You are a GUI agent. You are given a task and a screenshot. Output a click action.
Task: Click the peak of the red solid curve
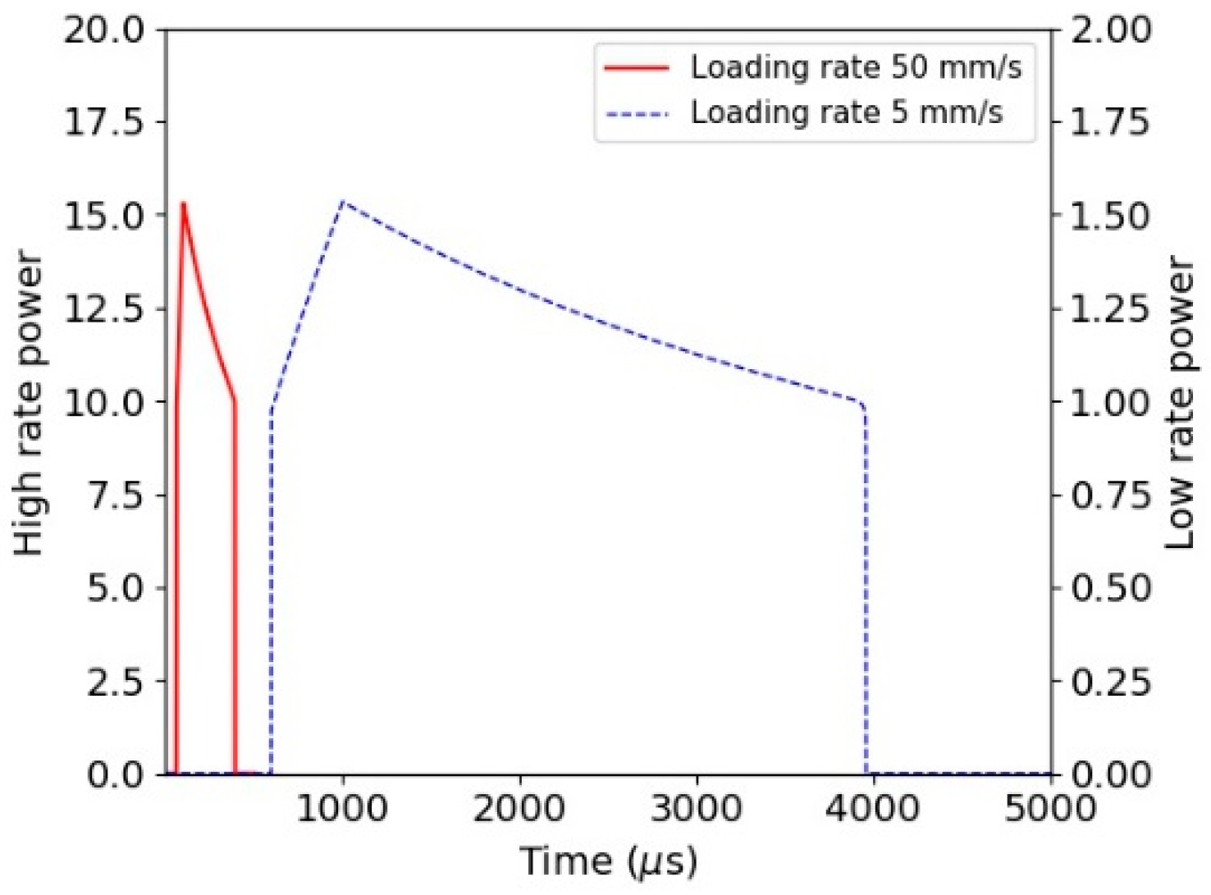point(183,203)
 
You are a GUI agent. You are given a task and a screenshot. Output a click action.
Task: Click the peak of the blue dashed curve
point(343,201)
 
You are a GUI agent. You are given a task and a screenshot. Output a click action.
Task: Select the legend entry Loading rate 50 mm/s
point(856,67)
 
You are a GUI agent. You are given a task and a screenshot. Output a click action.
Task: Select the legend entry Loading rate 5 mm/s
point(846,112)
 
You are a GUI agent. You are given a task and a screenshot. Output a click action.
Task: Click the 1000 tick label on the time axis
point(342,809)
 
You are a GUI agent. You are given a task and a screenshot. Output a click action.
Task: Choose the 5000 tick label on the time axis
point(1050,809)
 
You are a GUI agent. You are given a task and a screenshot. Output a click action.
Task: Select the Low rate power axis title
point(1180,403)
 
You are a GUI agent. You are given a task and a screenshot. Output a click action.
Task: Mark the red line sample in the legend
point(637,68)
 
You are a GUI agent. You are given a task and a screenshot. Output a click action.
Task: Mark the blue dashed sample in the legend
point(637,113)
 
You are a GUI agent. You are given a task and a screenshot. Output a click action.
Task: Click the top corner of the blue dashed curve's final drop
point(863,405)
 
